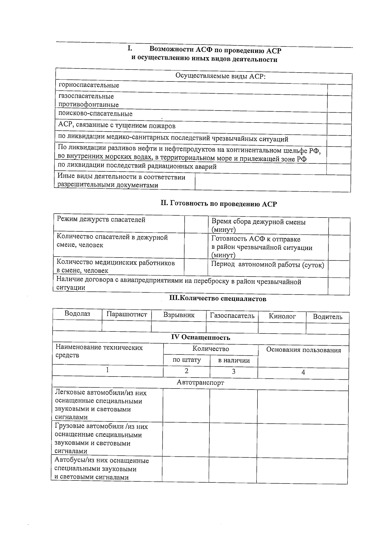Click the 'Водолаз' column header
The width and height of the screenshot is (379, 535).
[x=77, y=314]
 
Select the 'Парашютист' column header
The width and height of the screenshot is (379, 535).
[x=127, y=314]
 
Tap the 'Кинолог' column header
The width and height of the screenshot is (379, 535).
[x=282, y=316]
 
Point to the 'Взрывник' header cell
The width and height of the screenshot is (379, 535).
[x=179, y=315]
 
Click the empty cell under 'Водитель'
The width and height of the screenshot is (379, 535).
[x=328, y=328]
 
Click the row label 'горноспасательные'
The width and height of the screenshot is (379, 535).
[x=89, y=85]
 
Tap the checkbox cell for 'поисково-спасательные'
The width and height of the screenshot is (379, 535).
[x=339, y=118]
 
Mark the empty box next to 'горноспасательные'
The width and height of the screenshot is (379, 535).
[x=339, y=90]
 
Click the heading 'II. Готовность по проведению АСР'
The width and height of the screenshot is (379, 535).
[x=219, y=204]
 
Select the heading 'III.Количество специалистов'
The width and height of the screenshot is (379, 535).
[x=218, y=299]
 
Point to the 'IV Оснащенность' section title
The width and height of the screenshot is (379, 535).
[x=201, y=337]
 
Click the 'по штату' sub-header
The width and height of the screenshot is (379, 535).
[x=187, y=360]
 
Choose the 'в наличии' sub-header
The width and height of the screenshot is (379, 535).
[x=234, y=360]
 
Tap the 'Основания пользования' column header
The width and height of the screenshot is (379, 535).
[x=303, y=350]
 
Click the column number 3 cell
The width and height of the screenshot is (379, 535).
[x=234, y=372]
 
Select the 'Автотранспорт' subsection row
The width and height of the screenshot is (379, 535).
[x=200, y=383]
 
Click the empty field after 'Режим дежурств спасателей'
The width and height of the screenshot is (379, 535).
[x=196, y=224]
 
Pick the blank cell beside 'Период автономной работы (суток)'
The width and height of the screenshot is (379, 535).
[x=339, y=269]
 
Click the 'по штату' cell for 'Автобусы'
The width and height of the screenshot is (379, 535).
[x=185, y=469]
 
